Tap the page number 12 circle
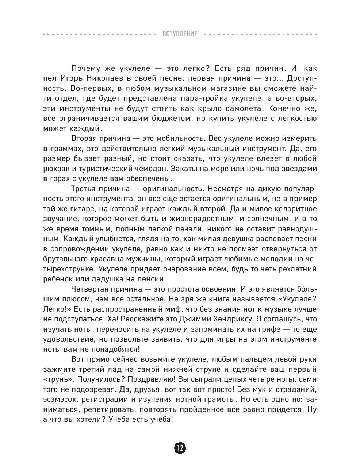coord(180,448)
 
